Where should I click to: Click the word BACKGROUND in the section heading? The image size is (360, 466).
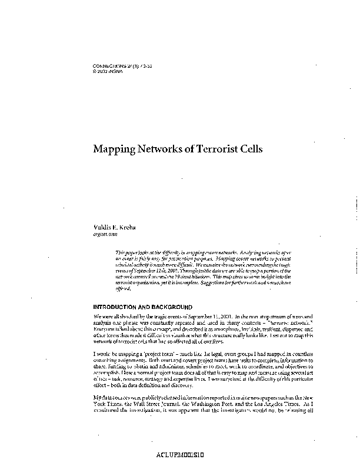171,307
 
